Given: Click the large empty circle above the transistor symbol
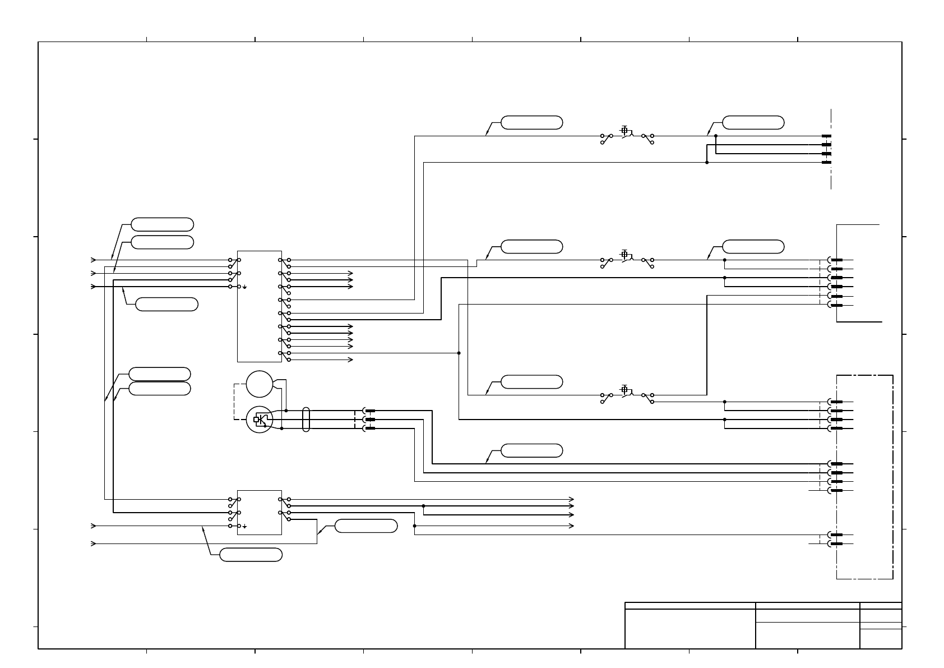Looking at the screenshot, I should (x=259, y=384).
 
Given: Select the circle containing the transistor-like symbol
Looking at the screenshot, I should (x=259, y=420).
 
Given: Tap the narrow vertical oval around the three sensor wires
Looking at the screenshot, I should (x=306, y=419).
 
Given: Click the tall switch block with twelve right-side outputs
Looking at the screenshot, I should (x=259, y=306).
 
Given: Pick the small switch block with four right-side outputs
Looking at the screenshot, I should (x=259, y=513).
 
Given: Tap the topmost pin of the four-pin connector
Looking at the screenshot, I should (x=826, y=136).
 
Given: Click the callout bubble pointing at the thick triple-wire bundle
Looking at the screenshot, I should (x=531, y=450).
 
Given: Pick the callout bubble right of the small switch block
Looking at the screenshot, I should (x=366, y=526).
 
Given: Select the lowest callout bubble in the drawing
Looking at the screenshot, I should (x=251, y=555).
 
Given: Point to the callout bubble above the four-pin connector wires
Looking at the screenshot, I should (x=753, y=123).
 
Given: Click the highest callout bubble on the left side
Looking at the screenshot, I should (x=162, y=224).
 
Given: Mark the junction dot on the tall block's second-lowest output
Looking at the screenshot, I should (x=459, y=353).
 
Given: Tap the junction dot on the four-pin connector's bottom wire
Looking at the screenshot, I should (x=707, y=163).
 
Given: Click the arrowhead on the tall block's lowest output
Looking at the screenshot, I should (x=351, y=360).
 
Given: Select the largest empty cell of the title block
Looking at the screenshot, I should (x=690, y=629).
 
